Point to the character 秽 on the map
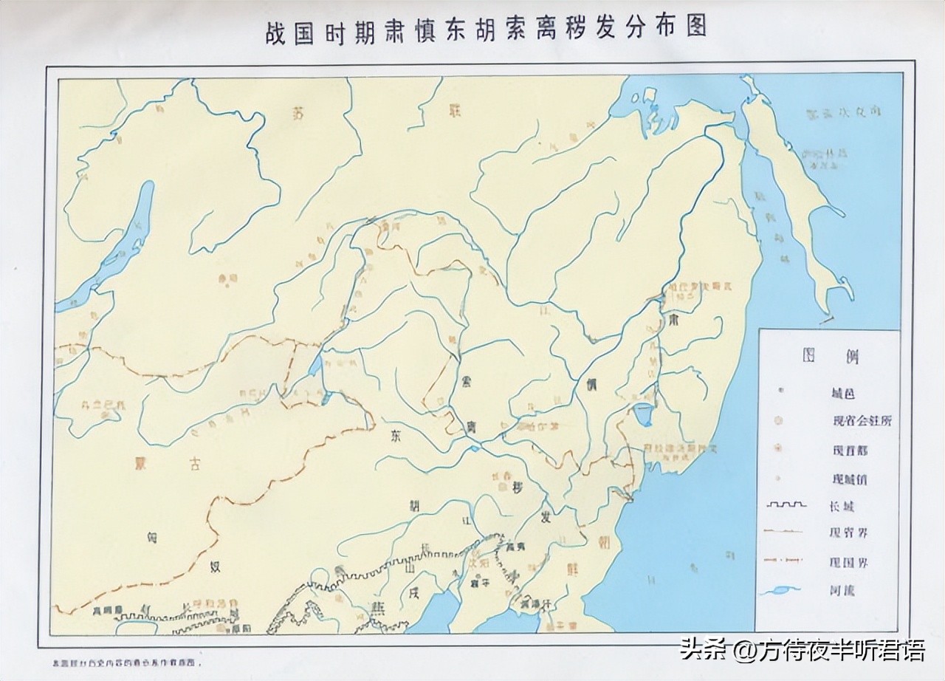tap(518, 490)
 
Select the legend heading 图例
tap(831, 356)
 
